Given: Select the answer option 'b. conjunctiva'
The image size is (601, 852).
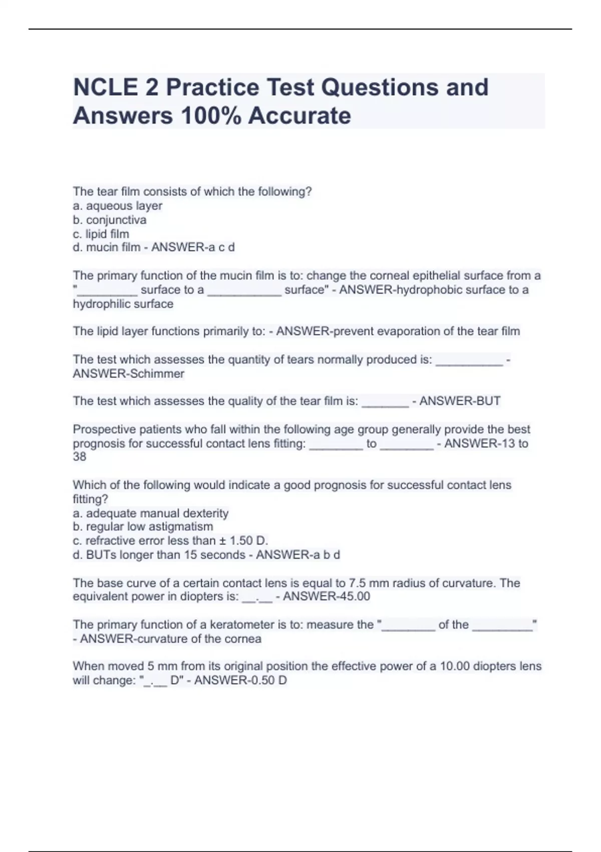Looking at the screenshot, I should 110,220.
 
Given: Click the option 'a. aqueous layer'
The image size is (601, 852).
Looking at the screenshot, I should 117,206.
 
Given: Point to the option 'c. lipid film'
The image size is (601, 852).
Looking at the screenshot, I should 101,234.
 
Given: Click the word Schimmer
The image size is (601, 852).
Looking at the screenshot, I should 156,374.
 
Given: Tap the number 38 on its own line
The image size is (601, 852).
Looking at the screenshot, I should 80,457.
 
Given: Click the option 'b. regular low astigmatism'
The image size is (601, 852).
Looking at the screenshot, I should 143,527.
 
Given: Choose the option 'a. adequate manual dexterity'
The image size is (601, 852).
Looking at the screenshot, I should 150,513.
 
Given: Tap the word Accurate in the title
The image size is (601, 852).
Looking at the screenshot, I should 299,116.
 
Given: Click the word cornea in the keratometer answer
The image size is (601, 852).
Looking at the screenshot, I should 243,639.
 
